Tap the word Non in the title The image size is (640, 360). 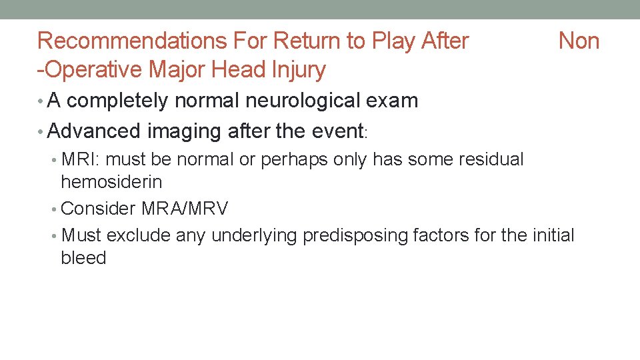tap(579, 41)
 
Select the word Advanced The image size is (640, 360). tap(95, 131)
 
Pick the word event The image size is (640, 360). tap(336, 131)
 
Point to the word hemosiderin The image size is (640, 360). tap(111, 181)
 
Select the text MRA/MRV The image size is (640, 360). tap(185, 209)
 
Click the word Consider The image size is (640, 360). tap(98, 209)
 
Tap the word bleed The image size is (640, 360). tap(83, 258)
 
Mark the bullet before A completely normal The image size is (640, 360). tap(41, 101)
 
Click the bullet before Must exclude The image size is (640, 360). tap(55, 236)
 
